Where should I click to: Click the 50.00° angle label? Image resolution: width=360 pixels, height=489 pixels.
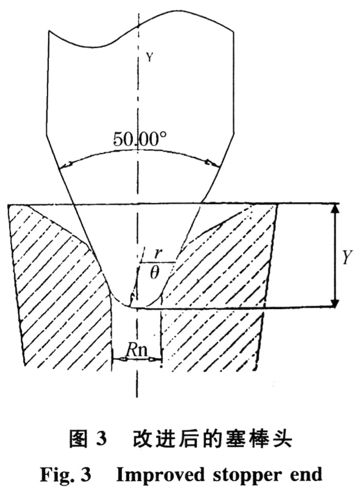click(x=140, y=139)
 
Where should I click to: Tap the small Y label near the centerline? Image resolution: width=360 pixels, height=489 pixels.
click(x=150, y=57)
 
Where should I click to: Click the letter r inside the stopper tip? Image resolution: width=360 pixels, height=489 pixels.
click(x=158, y=254)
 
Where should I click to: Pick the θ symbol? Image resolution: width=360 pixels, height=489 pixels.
click(x=154, y=273)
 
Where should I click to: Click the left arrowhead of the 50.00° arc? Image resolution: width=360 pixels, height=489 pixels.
click(x=66, y=165)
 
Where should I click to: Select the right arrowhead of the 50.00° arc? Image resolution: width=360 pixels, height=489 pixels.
click(x=212, y=163)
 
